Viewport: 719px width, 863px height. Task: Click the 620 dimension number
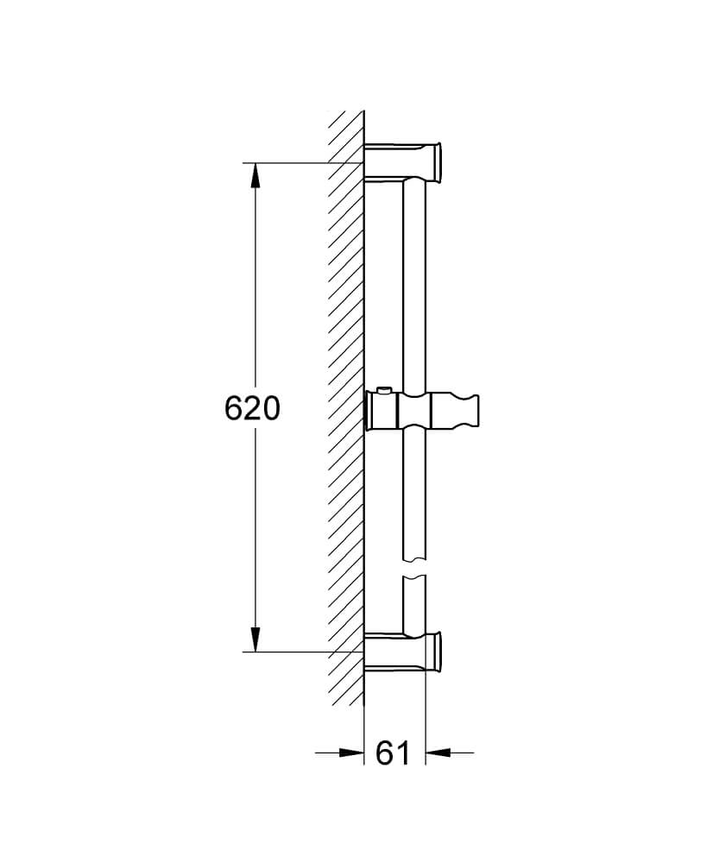click(252, 408)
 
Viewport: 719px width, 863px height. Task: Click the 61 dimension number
click(393, 753)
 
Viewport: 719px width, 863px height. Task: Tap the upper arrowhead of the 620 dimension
click(255, 176)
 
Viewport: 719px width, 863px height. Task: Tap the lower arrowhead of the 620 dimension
click(255, 639)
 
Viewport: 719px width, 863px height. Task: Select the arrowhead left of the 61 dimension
click(351, 752)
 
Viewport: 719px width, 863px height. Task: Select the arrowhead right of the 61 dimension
click(438, 752)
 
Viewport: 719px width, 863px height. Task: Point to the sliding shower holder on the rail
click(422, 410)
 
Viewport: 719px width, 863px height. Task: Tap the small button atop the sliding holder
click(383, 390)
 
